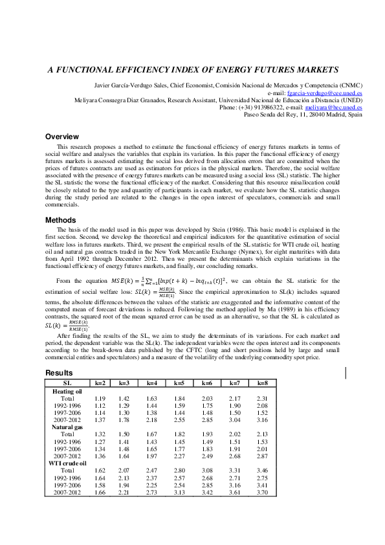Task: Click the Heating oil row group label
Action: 67,391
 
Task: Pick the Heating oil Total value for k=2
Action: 100,399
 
